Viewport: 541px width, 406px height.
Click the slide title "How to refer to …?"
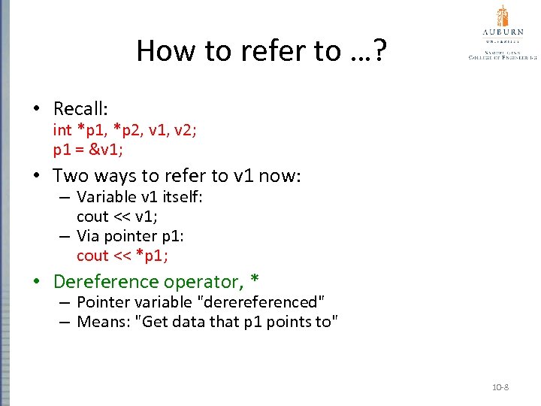[261, 51]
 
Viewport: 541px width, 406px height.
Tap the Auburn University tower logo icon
[503, 17]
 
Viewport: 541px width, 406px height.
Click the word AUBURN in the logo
[503, 33]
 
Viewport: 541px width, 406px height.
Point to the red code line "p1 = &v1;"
[87, 149]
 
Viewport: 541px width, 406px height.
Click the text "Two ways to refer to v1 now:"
[177, 176]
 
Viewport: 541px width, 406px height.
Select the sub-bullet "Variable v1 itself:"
[140, 197]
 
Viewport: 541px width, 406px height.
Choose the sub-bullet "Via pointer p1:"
[130, 236]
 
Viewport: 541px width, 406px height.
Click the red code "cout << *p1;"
[122, 256]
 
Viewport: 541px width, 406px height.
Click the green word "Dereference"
[106, 282]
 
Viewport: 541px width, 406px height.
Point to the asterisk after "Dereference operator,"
[255, 280]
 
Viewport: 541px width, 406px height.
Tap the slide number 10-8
[500, 387]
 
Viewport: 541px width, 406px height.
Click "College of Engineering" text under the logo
[503, 56]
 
